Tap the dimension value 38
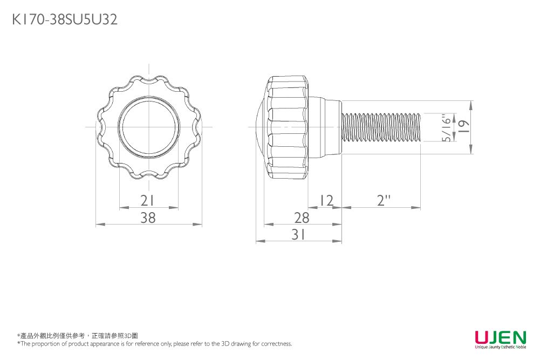click(x=148, y=218)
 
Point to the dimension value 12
click(x=325, y=201)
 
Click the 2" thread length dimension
click(x=384, y=201)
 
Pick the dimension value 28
click(x=302, y=218)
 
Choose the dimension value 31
click(x=298, y=234)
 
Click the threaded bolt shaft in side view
click(x=381, y=127)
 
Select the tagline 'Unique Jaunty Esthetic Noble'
click(x=500, y=347)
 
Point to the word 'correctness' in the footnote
click(x=277, y=344)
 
